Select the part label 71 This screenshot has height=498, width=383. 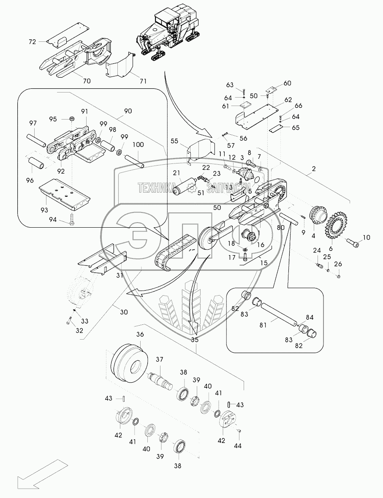[x=144, y=80]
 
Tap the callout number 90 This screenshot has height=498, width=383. [x=127, y=111]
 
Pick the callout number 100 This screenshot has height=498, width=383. [x=138, y=144]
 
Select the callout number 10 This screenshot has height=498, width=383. [x=366, y=237]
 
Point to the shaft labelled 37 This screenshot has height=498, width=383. [x=160, y=377]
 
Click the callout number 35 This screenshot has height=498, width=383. [x=195, y=339]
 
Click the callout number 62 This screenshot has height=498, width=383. [x=288, y=100]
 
